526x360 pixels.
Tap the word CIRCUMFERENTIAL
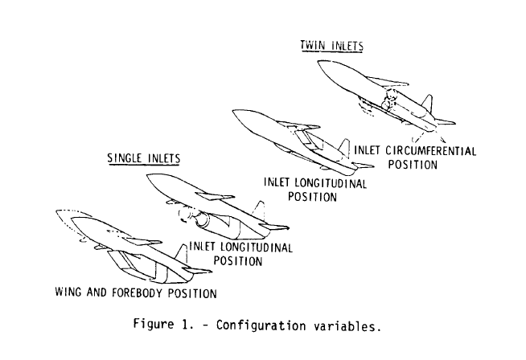coord(430,151)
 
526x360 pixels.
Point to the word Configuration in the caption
coord(261,325)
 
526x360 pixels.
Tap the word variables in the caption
coord(347,326)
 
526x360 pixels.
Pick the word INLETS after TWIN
coord(347,46)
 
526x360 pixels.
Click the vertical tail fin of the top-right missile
coord(427,104)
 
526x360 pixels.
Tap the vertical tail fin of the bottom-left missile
coord(182,254)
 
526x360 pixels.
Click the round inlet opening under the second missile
coord(201,220)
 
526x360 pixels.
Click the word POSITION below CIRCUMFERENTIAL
coord(413,165)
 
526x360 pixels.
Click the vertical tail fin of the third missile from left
coord(344,147)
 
